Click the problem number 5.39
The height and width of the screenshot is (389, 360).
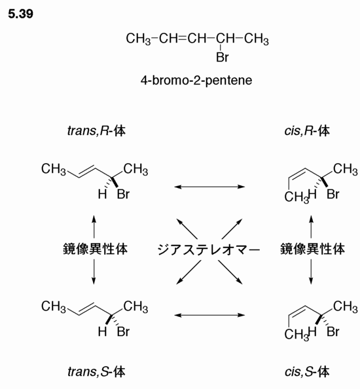tap(20, 14)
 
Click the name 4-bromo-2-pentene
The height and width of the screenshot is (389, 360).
tap(196, 80)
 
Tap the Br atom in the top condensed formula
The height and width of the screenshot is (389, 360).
tap(222, 57)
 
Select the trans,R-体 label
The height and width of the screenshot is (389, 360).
tap(96, 130)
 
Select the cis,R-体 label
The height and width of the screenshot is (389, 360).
tap(307, 130)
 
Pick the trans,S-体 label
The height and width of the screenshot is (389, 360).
tap(96, 371)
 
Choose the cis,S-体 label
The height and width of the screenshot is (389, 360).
tap(307, 371)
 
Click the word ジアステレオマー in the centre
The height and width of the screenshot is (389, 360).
tap(209, 250)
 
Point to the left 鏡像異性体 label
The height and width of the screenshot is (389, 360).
tap(96, 249)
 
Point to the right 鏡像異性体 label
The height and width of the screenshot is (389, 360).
tap(312, 249)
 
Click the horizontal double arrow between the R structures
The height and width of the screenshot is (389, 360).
tap(209, 187)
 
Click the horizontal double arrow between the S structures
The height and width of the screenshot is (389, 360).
tap(209, 315)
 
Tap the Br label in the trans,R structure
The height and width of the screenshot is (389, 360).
tap(123, 194)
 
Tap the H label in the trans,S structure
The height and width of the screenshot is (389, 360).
tap(102, 331)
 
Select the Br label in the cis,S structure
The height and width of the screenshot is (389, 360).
tap(333, 331)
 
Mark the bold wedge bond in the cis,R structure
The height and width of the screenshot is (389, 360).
tap(324, 182)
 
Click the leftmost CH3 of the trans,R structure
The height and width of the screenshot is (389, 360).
tap(54, 170)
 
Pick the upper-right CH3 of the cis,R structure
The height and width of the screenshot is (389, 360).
tap(346, 170)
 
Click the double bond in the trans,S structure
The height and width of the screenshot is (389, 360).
tap(87, 308)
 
